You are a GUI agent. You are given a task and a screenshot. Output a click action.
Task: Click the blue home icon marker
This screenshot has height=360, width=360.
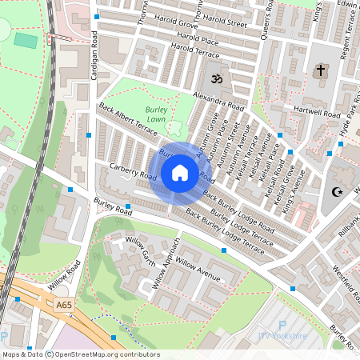coord(180,173)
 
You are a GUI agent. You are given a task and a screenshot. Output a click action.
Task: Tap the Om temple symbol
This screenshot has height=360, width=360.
coord(214,79)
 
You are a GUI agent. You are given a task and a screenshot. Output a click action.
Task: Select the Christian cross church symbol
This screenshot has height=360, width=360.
coord(321,70)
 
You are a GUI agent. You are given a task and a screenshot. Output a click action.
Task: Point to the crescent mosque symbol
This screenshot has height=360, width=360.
coord(336,191)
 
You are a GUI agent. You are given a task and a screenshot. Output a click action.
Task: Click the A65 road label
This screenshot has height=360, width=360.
coord(65,304)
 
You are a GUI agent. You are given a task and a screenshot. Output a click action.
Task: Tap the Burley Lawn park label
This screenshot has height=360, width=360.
coord(157,114)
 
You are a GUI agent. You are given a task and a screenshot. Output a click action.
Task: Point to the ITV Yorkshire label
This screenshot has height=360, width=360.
coord(282,336)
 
